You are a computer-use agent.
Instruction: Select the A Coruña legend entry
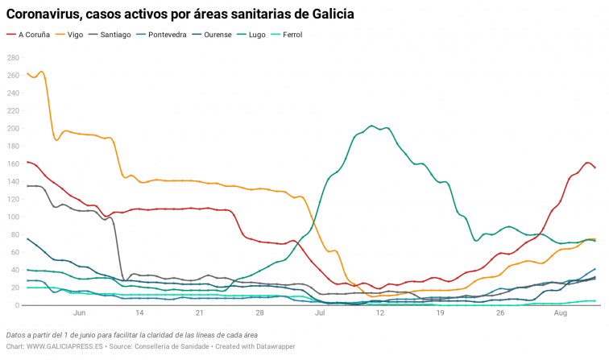pyautogui.click(x=29, y=35)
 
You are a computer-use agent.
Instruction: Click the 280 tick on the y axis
pyautogui.click(x=14, y=58)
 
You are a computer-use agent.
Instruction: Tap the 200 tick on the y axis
pyautogui.click(x=14, y=129)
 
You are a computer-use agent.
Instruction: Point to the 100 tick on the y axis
pyautogui.click(x=14, y=217)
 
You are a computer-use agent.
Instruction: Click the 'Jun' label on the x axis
pyautogui.click(x=79, y=312)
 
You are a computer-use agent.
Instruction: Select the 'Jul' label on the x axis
pyautogui.click(x=320, y=312)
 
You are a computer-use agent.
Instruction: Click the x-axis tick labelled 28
pyautogui.click(x=260, y=312)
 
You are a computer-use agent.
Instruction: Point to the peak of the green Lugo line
pyautogui.click(x=371, y=126)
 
